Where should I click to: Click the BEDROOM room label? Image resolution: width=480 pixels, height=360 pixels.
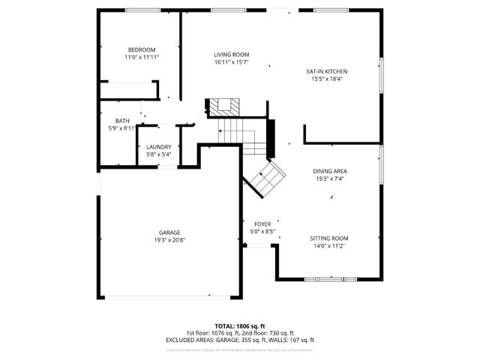141,49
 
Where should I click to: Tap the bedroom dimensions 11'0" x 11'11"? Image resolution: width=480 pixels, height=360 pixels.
141,57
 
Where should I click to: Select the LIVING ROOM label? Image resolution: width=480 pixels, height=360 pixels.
231,55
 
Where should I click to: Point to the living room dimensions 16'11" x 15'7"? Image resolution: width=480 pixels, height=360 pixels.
231,62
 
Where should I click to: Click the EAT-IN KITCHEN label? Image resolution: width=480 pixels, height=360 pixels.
326,71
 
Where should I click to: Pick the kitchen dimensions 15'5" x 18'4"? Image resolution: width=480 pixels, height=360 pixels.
326,79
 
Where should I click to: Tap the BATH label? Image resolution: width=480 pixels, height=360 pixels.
122,121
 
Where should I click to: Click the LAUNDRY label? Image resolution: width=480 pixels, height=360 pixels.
158,147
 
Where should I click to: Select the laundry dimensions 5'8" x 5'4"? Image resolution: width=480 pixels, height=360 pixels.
158,154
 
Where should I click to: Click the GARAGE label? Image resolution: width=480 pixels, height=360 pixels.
169,232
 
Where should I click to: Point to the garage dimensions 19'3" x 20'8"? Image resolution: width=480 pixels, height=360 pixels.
169,240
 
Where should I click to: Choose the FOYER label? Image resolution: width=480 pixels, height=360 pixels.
262,224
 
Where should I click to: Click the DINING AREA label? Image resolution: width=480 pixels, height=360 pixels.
330,171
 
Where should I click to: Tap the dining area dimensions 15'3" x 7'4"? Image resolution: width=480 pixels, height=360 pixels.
330,178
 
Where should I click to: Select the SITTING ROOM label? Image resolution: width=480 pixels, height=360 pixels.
329,238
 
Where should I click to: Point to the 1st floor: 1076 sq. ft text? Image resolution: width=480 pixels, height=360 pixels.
212,333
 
